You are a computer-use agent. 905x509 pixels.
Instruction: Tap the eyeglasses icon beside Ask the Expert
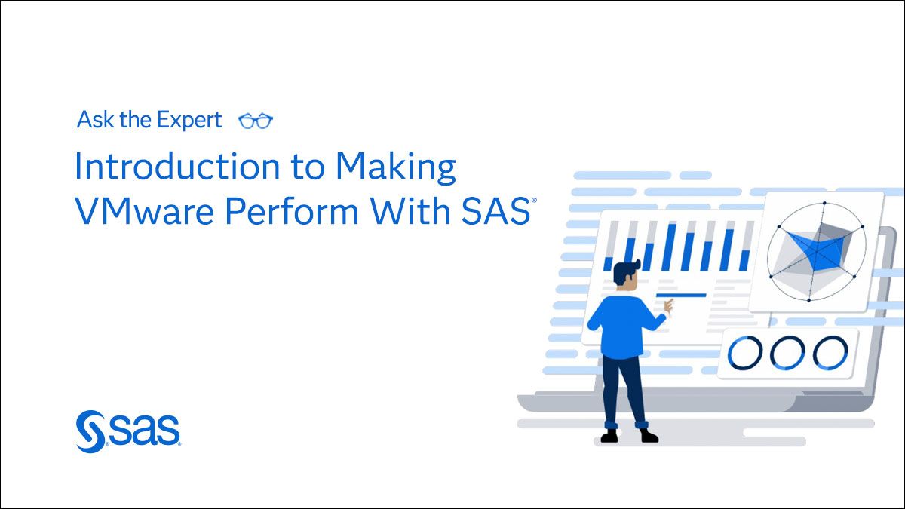255,121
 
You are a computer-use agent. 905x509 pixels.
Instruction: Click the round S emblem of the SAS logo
90,431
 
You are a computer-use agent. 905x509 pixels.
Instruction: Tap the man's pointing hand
667,305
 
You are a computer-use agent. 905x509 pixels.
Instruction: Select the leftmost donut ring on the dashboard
747,352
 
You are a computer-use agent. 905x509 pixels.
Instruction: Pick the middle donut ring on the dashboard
788,352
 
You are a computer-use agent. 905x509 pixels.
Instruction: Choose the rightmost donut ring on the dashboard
830,352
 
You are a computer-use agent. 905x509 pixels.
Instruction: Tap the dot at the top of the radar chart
824,204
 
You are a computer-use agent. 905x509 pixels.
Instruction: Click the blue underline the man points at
681,295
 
